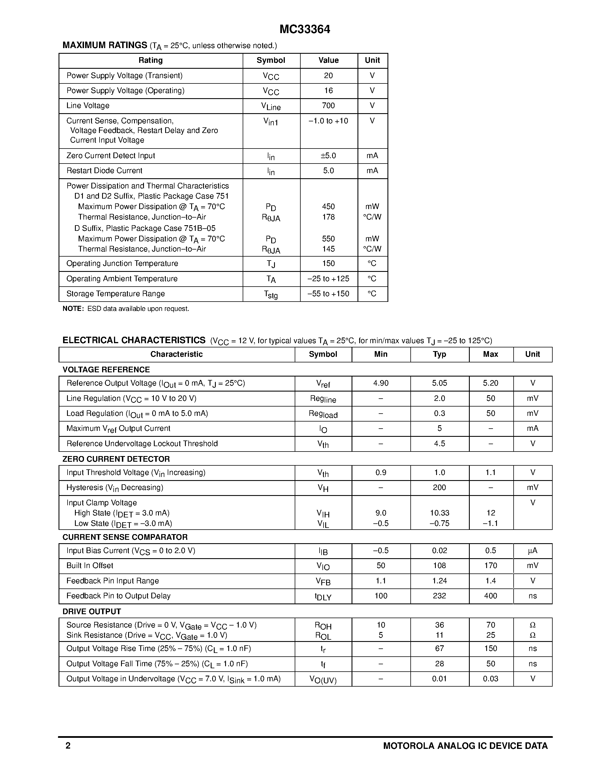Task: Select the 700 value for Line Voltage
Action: click(328, 106)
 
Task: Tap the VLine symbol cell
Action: click(271, 106)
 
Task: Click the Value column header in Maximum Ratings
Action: click(328, 60)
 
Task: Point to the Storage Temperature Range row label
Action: click(115, 294)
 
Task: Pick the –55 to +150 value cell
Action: click(328, 294)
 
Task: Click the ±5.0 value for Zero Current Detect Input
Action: click(328, 156)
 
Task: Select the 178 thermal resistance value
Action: click(328, 217)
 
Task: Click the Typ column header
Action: click(439, 354)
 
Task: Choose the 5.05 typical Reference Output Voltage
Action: click(439, 383)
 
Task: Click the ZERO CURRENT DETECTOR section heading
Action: click(116, 459)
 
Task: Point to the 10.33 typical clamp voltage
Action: click(439, 513)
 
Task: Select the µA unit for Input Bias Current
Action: click(532, 551)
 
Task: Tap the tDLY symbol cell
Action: click(323, 597)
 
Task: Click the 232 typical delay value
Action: click(439, 596)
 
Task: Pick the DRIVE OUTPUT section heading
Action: click(92, 612)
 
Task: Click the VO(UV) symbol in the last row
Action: click(323, 680)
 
